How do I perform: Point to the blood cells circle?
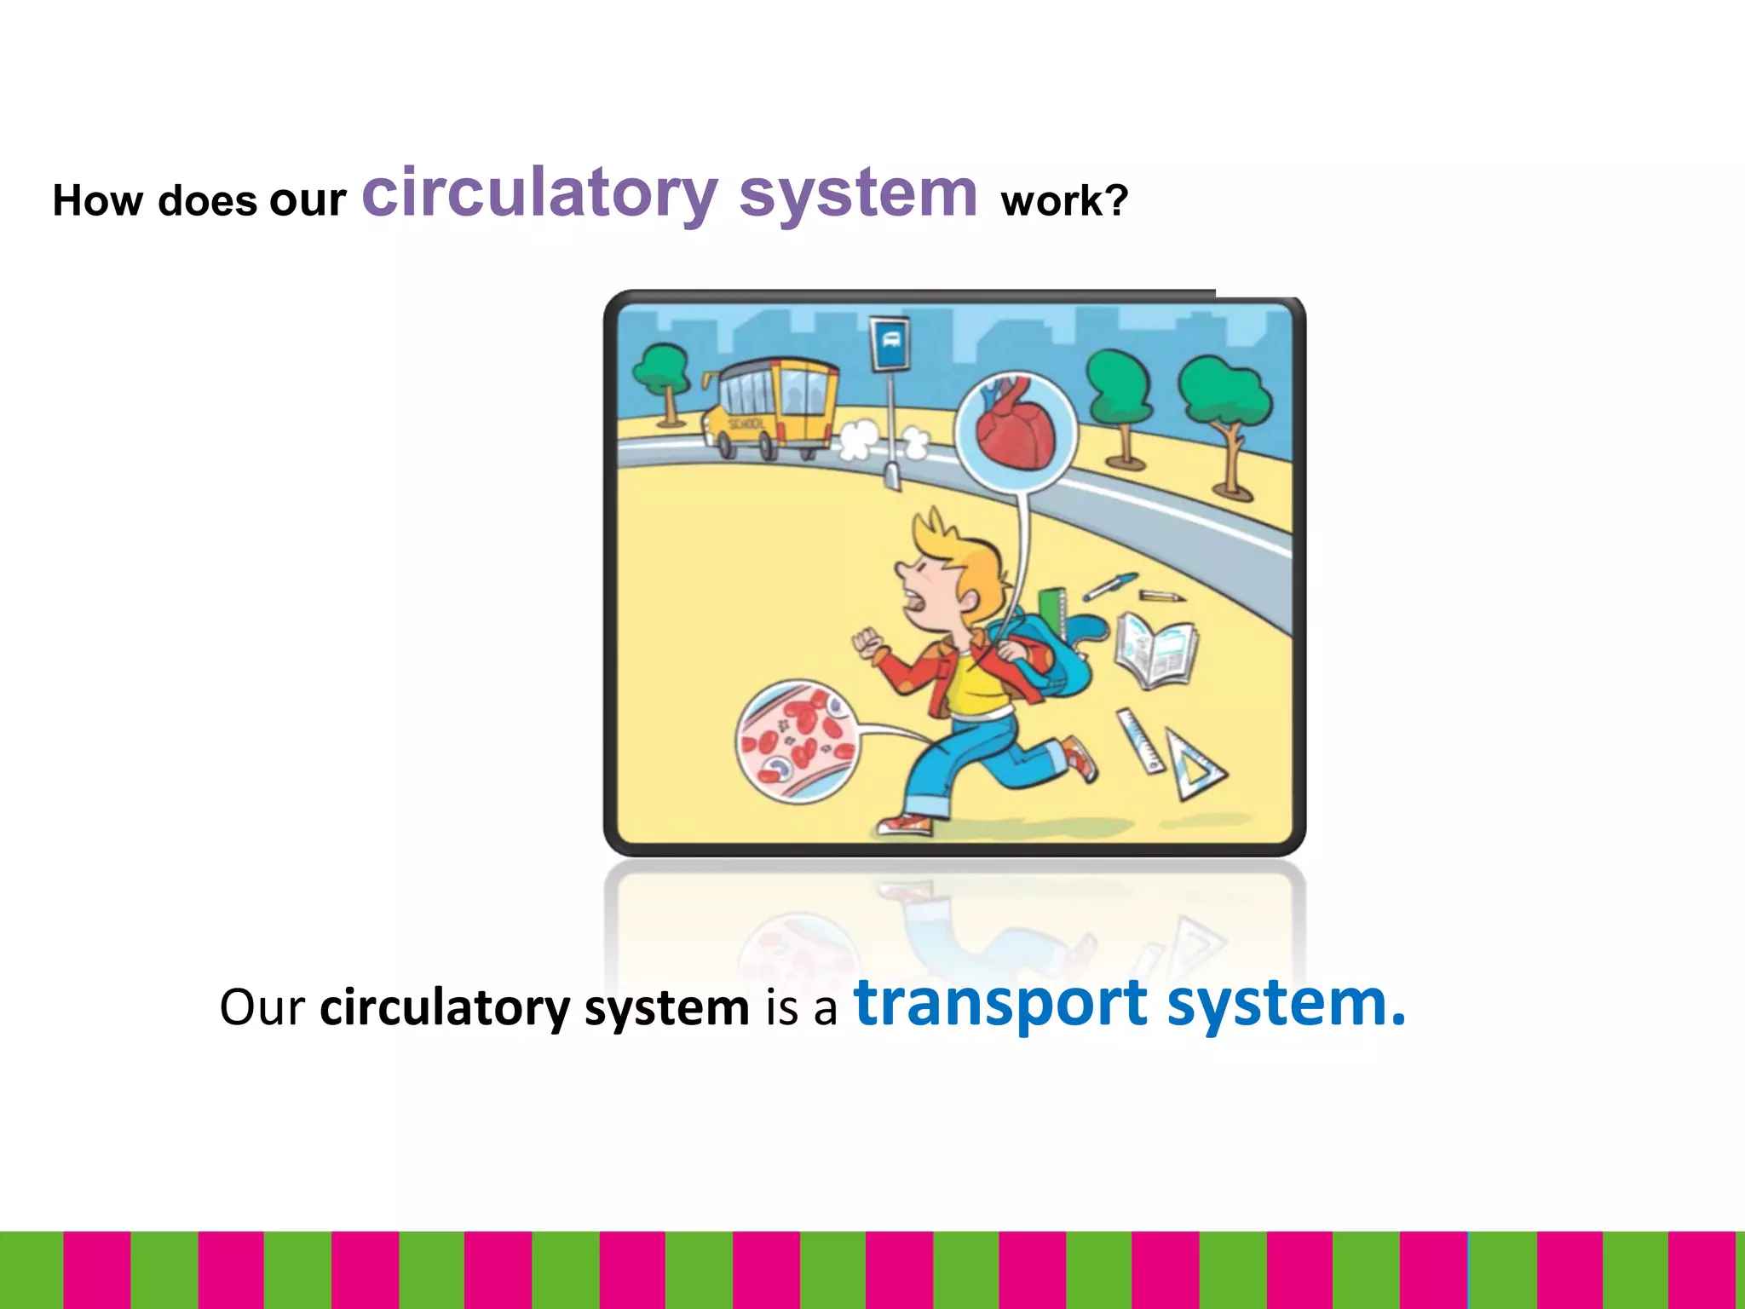[x=798, y=740]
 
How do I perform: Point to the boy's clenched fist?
[x=866, y=643]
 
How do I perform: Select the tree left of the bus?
[x=662, y=375]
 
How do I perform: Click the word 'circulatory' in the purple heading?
[x=538, y=194]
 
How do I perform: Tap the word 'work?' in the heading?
[x=1064, y=202]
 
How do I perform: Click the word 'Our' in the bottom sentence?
[x=262, y=1007]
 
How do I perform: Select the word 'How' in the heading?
[x=97, y=202]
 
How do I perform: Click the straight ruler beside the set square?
[x=1140, y=740]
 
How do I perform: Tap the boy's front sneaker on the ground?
[x=905, y=825]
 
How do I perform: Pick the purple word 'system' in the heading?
[x=858, y=194]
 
